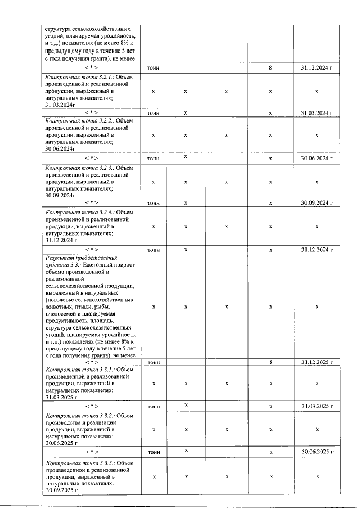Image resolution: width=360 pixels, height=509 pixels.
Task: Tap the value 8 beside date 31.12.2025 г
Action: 271,362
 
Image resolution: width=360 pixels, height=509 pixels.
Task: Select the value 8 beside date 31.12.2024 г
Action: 271,68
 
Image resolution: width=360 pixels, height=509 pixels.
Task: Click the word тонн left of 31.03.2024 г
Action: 153,113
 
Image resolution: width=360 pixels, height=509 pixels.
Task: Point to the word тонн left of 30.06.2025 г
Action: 153,451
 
